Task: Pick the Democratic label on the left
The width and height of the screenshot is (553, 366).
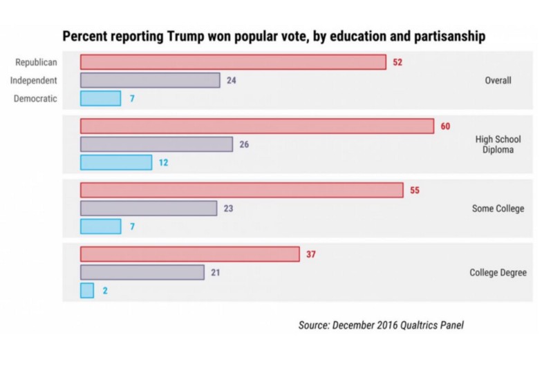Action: click(x=36, y=99)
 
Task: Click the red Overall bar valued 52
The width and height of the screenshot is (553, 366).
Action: click(x=233, y=62)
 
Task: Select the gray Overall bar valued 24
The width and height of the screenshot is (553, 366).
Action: click(x=150, y=80)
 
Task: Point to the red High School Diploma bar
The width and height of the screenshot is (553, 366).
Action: click(x=256, y=126)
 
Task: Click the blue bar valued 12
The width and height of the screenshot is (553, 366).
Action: click(x=115, y=163)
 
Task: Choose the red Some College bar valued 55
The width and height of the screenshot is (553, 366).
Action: click(x=241, y=190)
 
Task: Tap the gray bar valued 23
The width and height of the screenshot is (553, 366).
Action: click(x=149, y=208)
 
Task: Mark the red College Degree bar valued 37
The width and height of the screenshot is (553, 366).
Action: click(x=189, y=254)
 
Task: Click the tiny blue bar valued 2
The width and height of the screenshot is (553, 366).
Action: click(x=87, y=291)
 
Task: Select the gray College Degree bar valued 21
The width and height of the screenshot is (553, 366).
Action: click(x=142, y=272)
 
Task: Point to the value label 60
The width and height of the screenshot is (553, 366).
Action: click(x=445, y=126)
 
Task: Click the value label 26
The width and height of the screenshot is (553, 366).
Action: click(x=245, y=145)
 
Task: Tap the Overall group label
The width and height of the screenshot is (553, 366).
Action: click(x=498, y=81)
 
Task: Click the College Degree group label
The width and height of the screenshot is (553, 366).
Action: click(x=498, y=273)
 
